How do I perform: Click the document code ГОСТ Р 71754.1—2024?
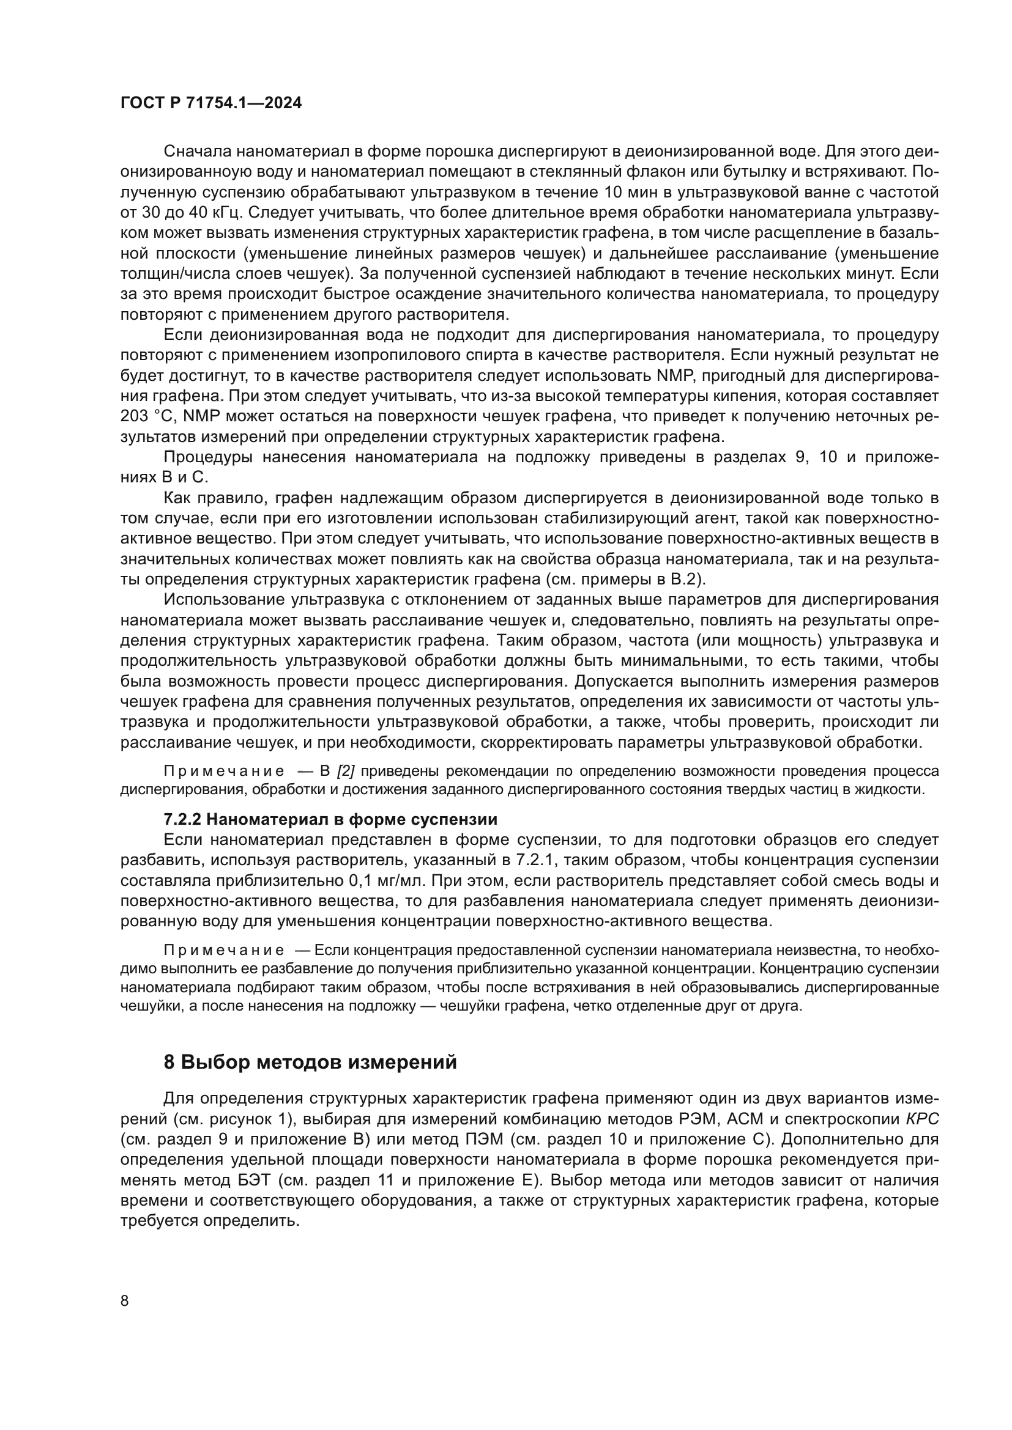tap(210, 103)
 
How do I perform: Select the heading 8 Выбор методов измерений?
tap(310, 1062)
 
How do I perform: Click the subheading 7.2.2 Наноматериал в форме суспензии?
tap(330, 819)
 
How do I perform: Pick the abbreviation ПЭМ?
tap(485, 1140)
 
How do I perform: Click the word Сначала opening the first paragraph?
tap(198, 152)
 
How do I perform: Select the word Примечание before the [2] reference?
tap(224, 772)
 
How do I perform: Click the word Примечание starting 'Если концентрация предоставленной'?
tap(224, 951)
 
